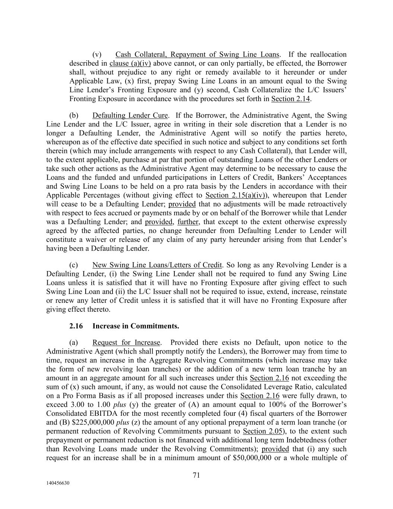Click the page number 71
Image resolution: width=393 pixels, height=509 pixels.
[196, 475]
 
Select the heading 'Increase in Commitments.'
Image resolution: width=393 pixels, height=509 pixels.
[136, 326]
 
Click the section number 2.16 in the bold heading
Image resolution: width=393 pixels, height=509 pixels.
[76, 326]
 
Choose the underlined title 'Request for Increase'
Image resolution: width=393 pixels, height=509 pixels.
[126, 342]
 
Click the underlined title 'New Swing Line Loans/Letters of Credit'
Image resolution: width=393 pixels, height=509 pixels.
[157, 265]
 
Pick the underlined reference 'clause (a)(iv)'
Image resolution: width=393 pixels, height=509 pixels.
[130, 63]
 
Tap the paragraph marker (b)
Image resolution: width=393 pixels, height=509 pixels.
[74, 115]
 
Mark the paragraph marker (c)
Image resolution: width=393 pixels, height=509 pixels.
[74, 265]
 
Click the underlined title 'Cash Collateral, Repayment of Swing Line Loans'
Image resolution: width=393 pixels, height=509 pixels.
[197, 54]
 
